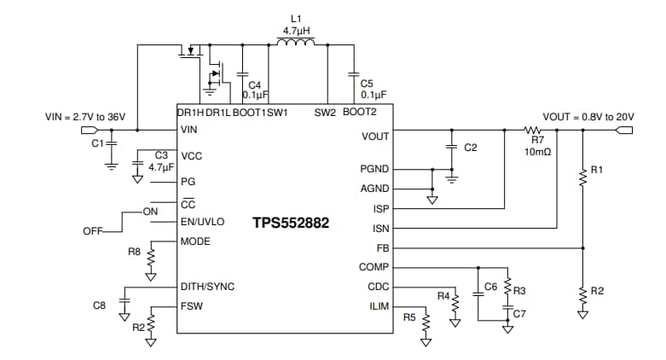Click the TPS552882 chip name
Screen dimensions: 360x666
tap(290, 224)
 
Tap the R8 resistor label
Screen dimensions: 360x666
tap(134, 252)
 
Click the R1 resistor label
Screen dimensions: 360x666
tap(597, 170)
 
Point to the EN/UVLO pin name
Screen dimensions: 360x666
tap(202, 221)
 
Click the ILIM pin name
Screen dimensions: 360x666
tap(378, 305)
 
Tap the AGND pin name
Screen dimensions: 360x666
tap(374, 189)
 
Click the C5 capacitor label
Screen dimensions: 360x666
tap(367, 84)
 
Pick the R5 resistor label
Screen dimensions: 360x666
tap(409, 316)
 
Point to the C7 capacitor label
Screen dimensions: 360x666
tap(519, 315)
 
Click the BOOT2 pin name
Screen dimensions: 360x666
tap(359, 112)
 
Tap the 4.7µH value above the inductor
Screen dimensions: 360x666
tap(296, 30)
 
